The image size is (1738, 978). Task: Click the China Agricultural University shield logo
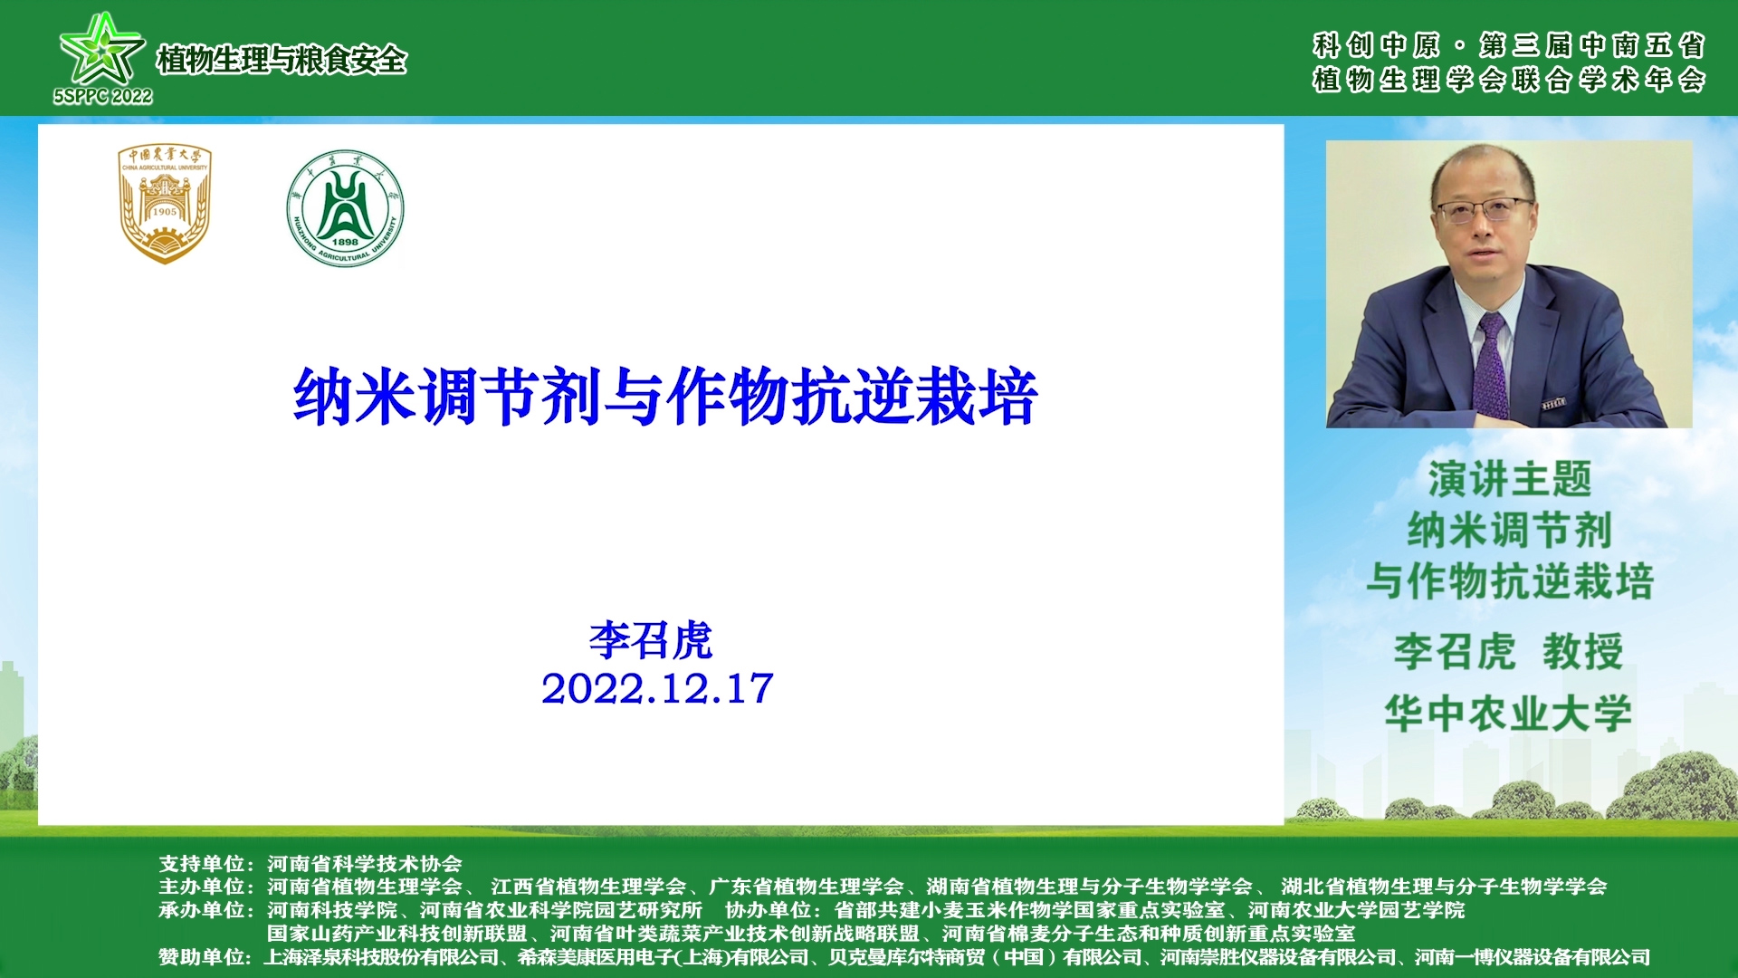point(165,204)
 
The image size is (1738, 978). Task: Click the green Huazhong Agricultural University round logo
point(345,208)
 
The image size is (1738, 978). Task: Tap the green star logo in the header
point(101,49)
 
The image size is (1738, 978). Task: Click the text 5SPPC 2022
point(102,96)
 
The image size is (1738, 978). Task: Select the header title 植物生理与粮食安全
point(282,60)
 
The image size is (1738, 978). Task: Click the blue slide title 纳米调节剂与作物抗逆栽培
point(665,397)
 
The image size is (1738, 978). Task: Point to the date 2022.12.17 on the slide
point(657,688)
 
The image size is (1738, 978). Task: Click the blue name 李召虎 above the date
point(651,640)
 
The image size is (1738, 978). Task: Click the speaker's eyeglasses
point(1484,210)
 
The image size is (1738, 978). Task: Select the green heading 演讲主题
point(1509,479)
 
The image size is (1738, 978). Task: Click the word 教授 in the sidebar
point(1583,651)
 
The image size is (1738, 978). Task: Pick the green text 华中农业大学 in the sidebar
point(1508,714)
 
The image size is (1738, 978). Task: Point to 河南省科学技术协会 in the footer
point(365,864)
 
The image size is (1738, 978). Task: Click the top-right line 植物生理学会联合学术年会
point(1509,80)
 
